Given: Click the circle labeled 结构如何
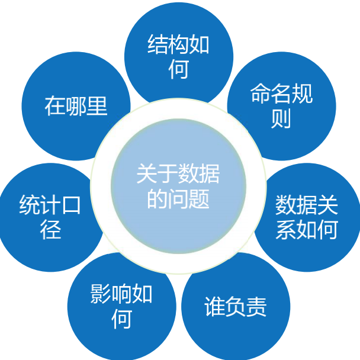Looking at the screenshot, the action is (178, 56).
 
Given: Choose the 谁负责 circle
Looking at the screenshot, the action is (236, 307).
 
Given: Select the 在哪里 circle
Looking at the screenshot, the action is (75, 106).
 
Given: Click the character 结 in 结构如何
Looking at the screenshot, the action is (156, 46).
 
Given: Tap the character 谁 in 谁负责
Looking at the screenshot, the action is (214, 307).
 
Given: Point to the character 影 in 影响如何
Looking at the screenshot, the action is (101, 294).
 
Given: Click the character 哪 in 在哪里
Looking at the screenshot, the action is (76, 106).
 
